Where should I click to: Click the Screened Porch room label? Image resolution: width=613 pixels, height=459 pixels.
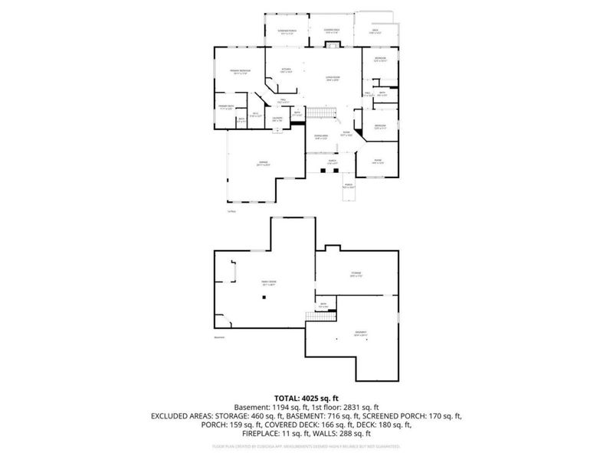tap(287, 32)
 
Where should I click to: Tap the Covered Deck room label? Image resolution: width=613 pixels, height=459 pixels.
tap(331, 32)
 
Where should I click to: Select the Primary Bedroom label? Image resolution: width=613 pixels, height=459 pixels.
tap(241, 72)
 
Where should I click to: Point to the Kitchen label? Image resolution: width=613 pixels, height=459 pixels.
tap(287, 70)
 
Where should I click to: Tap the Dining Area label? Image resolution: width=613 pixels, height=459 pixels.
tap(322, 137)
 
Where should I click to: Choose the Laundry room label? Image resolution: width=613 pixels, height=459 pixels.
tap(277, 118)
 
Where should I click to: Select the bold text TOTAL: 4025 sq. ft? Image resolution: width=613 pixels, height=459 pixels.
tap(306, 399)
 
